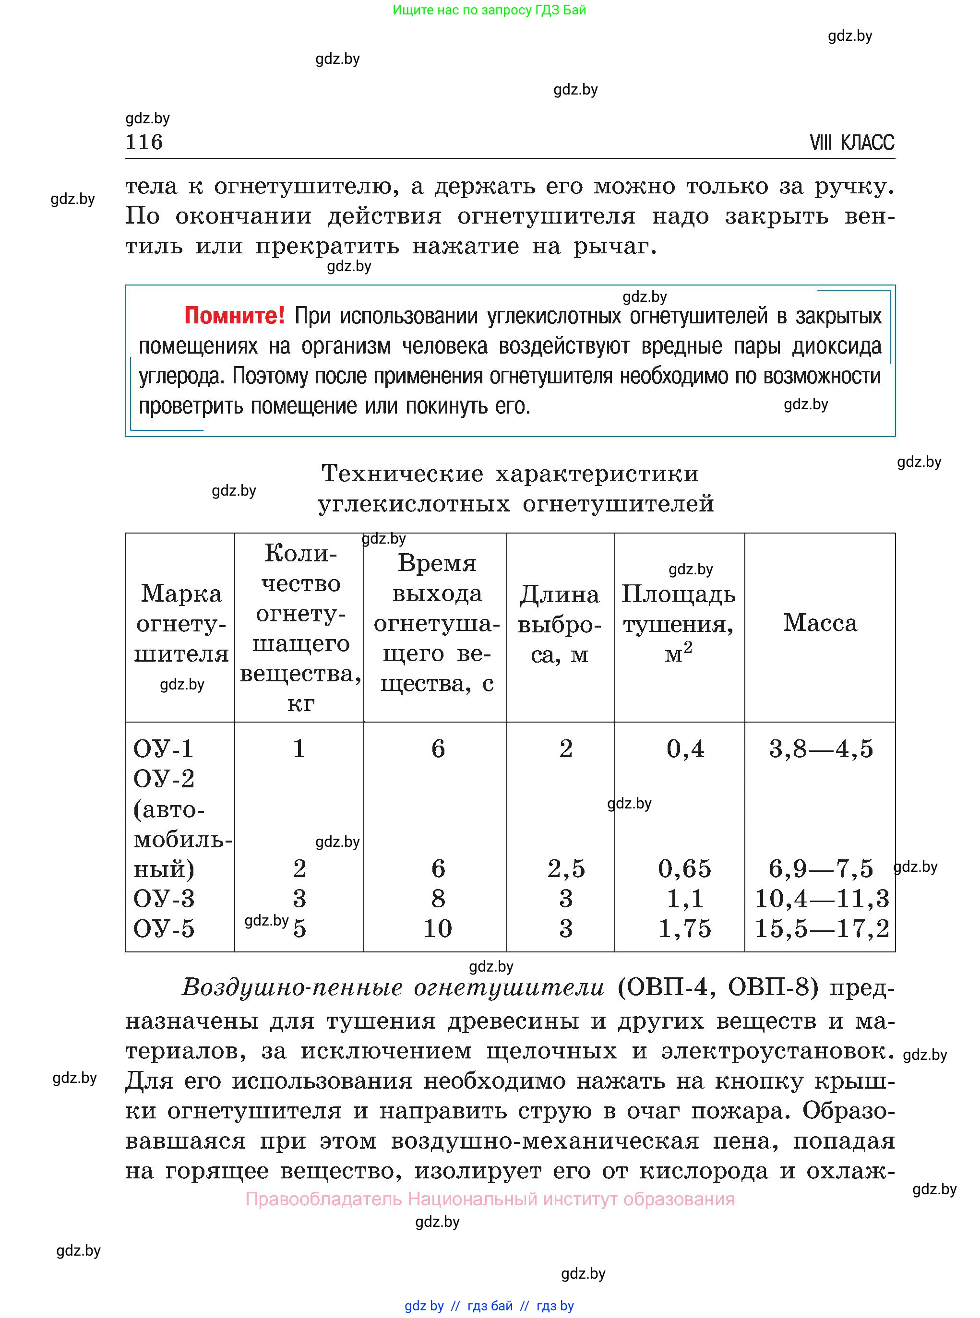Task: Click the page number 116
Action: [x=144, y=142]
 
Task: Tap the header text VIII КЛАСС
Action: [x=851, y=143]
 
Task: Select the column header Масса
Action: [x=820, y=623]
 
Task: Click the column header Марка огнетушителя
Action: [x=181, y=624]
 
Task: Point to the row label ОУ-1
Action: [x=163, y=749]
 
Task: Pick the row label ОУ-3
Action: [x=164, y=899]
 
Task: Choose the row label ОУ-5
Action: [x=164, y=929]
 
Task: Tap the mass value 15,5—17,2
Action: [x=822, y=929]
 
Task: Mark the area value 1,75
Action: [x=684, y=929]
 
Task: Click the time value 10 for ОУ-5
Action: [x=437, y=929]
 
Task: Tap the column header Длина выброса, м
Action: [x=560, y=624]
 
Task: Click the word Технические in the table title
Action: [x=402, y=474]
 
